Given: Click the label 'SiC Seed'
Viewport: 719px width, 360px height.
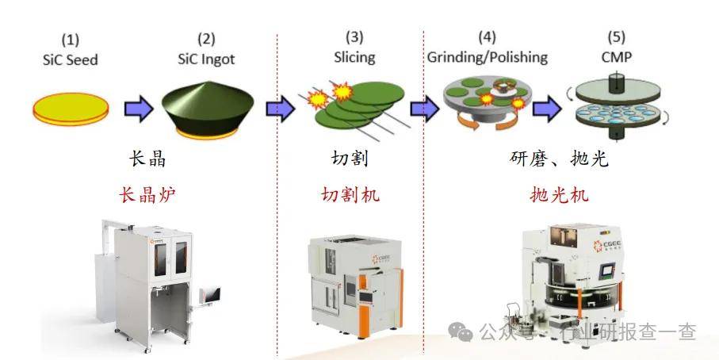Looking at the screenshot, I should coord(71,59).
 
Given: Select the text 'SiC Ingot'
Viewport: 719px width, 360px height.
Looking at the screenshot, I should coord(207,58).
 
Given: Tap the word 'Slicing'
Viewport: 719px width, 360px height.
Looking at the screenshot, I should coord(354,57).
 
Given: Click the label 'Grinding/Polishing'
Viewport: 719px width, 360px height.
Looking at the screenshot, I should coord(488,57).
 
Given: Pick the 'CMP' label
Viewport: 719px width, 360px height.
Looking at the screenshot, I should coord(616,57).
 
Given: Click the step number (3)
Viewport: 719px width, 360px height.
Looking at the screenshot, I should coord(354,37).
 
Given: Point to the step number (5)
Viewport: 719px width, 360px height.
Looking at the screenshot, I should coord(616,37).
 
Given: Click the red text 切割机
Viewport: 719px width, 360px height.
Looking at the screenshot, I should coord(350,193).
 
